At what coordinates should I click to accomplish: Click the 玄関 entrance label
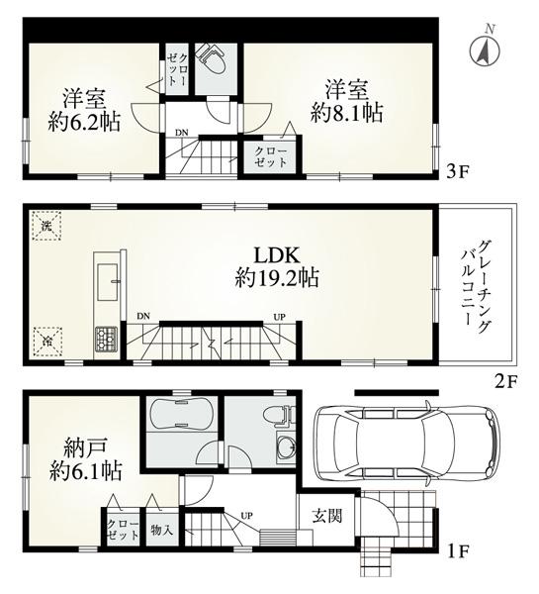click(x=328, y=516)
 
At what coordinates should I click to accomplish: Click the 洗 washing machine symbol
click(x=45, y=226)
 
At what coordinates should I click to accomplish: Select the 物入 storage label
click(x=162, y=530)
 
